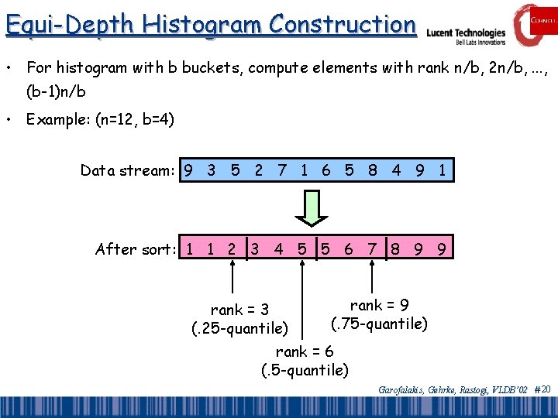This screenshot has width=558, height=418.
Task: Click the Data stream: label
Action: (128, 170)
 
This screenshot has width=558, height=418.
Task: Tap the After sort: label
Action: (136, 249)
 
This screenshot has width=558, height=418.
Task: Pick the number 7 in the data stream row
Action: (282, 170)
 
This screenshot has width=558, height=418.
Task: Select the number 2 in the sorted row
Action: (232, 249)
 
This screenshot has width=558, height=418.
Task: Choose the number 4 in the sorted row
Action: (278, 249)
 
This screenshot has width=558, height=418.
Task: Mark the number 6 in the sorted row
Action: (349, 249)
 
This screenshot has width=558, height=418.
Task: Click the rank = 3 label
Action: (239, 310)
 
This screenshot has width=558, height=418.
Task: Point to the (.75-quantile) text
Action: (379, 324)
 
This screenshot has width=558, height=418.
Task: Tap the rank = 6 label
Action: (305, 352)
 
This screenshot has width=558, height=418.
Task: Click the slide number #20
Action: (542, 390)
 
